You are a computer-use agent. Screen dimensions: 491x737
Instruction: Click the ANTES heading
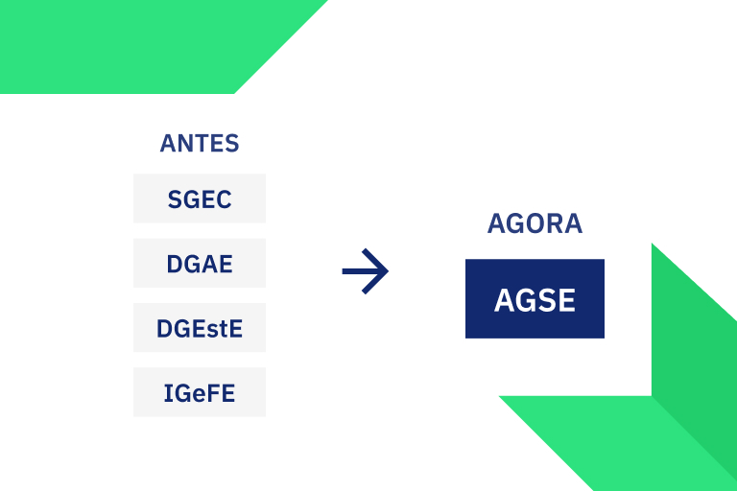pos(199,144)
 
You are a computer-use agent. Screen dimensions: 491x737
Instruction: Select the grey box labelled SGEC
pos(200,199)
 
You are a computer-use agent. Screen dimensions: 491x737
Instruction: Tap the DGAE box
pos(200,263)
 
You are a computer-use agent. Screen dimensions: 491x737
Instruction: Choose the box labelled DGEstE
pos(200,328)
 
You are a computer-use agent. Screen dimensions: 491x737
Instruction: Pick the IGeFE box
pos(200,392)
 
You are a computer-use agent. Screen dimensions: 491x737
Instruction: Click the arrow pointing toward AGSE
pos(365,271)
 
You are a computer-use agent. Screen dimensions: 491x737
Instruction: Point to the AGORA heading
pos(535,223)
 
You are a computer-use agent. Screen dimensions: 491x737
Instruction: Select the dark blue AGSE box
pos(535,298)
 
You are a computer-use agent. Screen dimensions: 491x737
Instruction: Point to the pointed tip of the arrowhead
pos(387,271)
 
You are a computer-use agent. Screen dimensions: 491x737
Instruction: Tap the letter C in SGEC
pos(223,199)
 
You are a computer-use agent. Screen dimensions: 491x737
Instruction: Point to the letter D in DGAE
pos(175,264)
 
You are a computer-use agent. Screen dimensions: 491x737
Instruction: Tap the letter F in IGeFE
pos(210,393)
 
